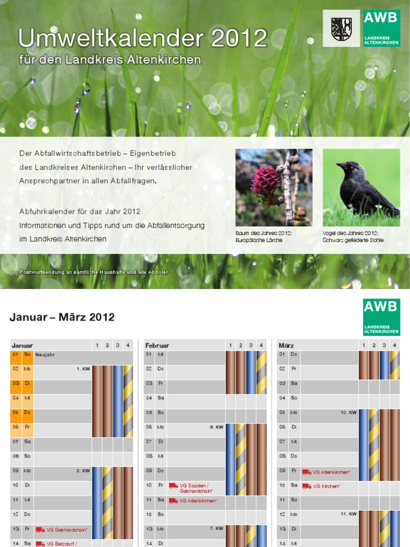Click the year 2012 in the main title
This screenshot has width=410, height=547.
[x=239, y=38]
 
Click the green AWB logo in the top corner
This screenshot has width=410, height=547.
[x=381, y=28]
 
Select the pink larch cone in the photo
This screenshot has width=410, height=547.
[x=265, y=182]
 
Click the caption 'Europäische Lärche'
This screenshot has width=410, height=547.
[x=259, y=240]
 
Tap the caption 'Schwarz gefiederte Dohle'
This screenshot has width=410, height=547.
[x=353, y=240]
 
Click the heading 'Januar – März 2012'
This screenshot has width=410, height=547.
[x=62, y=317]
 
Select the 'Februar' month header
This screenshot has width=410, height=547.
[x=157, y=346]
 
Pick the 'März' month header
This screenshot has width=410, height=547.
[x=286, y=346]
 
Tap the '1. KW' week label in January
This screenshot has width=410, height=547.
[x=83, y=369]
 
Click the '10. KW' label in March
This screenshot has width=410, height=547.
[x=349, y=412]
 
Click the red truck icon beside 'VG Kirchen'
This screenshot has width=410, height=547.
[x=306, y=486]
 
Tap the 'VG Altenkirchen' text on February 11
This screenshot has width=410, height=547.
[x=198, y=501]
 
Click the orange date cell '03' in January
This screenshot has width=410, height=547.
[x=16, y=383]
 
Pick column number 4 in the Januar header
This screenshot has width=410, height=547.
[x=128, y=346]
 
